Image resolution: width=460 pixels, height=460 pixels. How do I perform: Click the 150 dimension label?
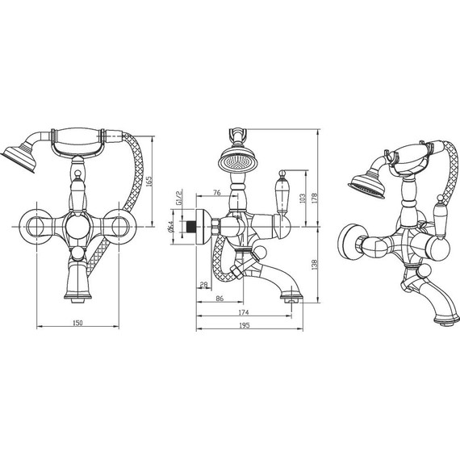[77, 323]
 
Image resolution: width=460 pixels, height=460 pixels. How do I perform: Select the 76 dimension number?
[216, 192]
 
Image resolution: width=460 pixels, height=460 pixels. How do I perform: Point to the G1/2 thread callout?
[179, 198]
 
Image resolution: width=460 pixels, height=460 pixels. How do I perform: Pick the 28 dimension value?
[203, 284]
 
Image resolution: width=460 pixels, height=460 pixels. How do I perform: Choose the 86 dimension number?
[220, 299]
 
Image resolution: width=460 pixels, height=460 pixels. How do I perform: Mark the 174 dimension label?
[244, 312]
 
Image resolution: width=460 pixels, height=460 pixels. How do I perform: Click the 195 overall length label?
[244, 325]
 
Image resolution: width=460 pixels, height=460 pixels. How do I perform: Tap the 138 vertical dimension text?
[314, 265]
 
